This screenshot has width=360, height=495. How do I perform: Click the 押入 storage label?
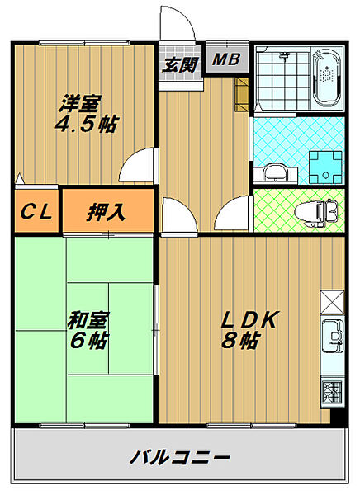tap(107, 212)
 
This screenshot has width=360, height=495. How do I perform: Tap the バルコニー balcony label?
tap(178, 456)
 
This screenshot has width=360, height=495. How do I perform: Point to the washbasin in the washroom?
tap(276, 172)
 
